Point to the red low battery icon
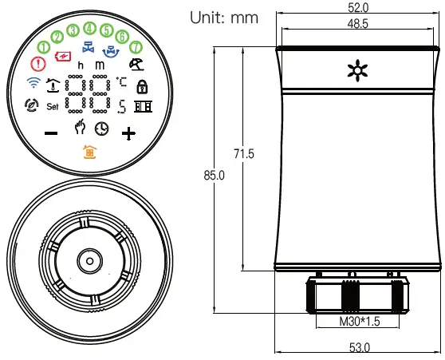tap(61, 55)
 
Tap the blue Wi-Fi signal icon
tap(33, 82)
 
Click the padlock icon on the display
tap(143, 86)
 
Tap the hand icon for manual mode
tap(80, 129)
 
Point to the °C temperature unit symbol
tap(121, 81)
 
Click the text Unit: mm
tap(224, 18)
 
